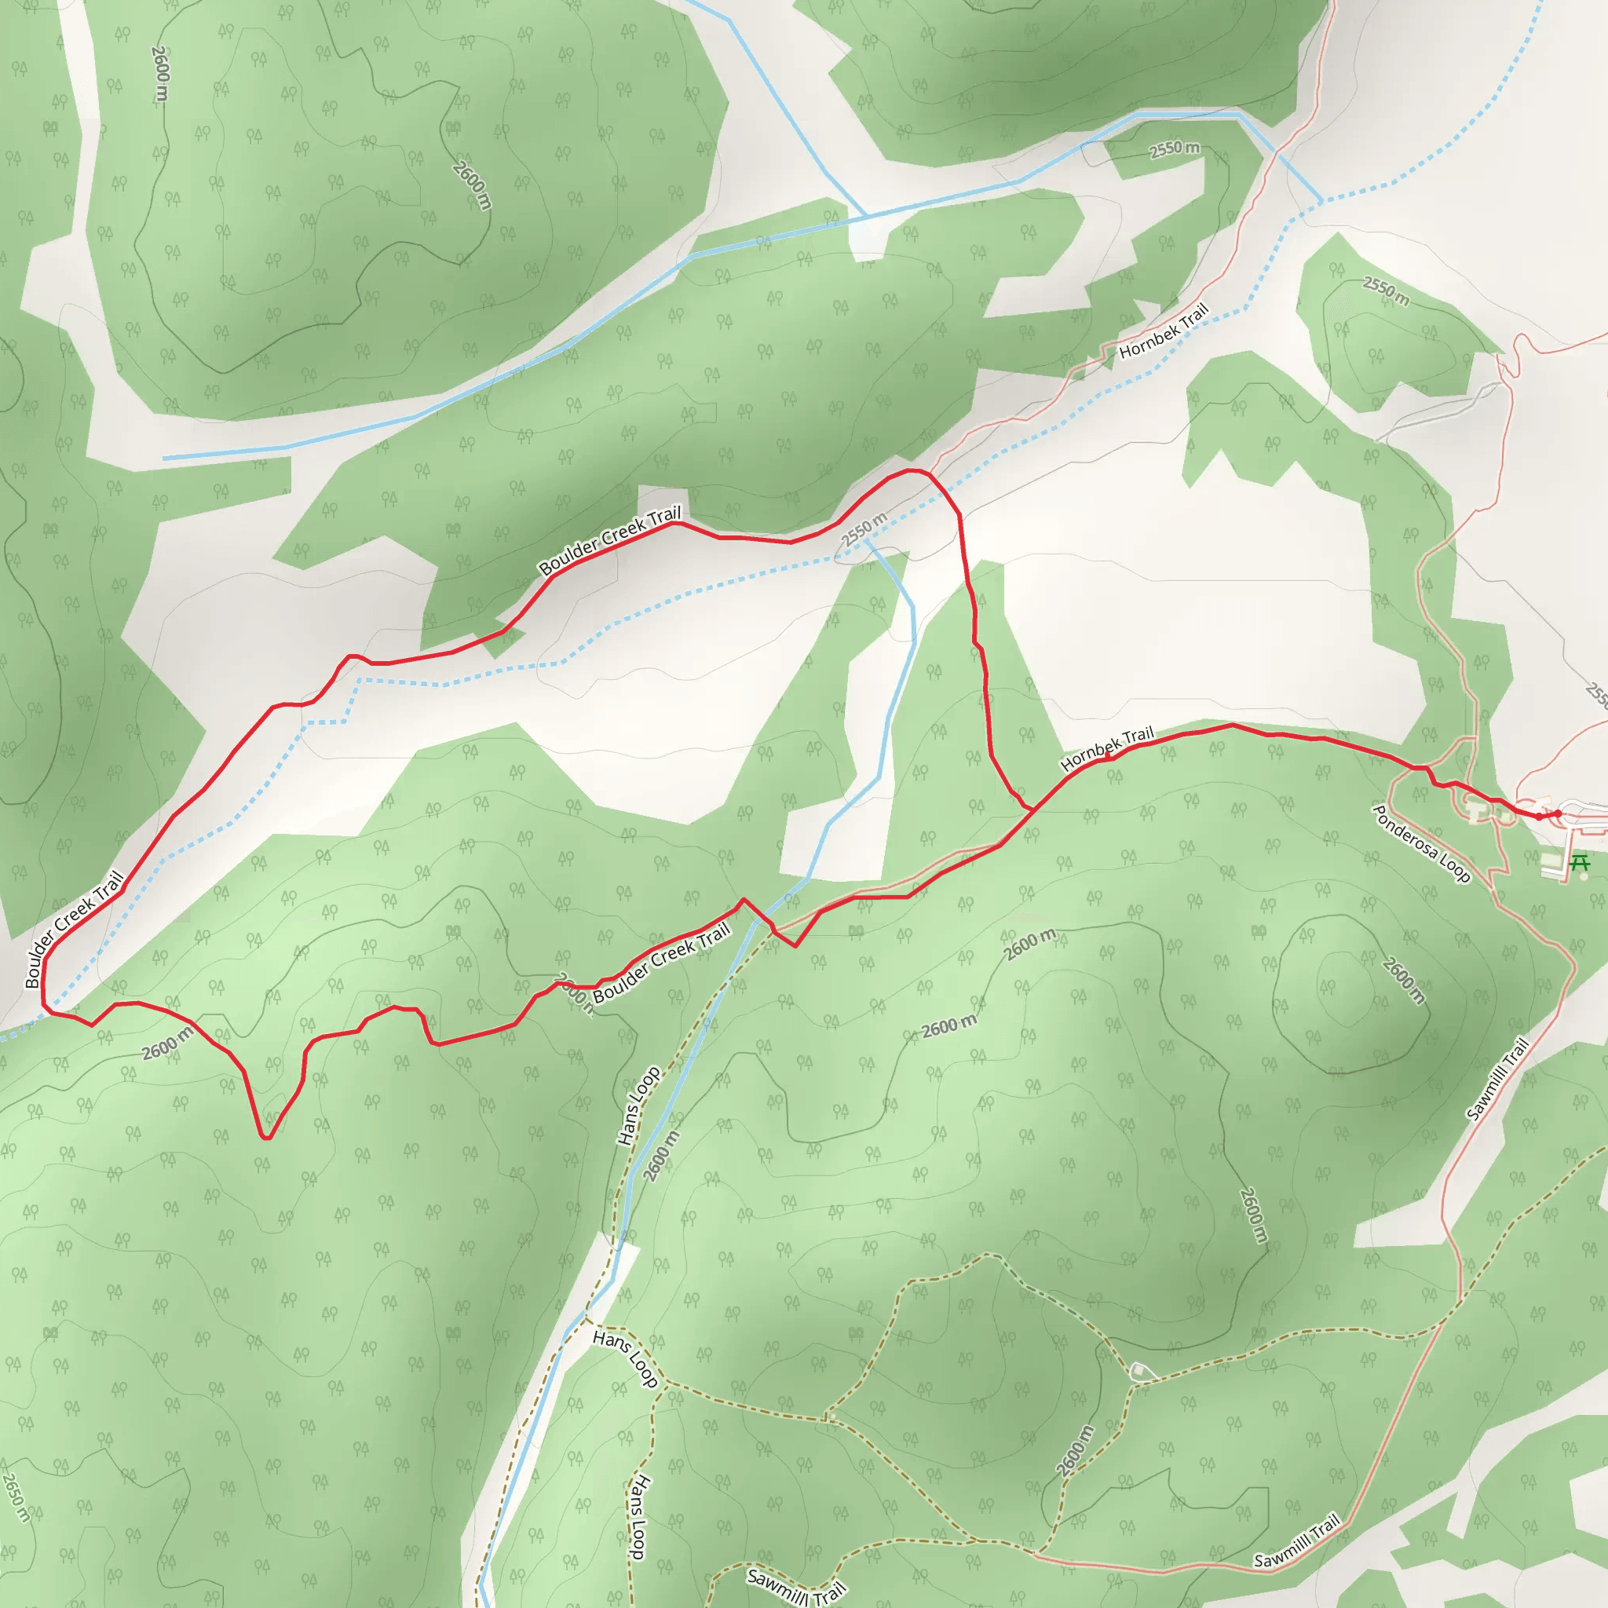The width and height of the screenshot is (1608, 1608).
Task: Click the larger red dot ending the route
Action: point(1558,813)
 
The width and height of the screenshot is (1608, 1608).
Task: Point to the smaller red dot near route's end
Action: point(1538,817)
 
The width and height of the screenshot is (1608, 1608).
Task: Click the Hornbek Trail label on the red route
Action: point(1107,747)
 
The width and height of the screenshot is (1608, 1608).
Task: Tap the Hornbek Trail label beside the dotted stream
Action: point(1163,331)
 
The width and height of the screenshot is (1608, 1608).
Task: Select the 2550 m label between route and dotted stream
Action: point(863,530)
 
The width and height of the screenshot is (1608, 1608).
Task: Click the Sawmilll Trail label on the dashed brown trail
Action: point(795,1586)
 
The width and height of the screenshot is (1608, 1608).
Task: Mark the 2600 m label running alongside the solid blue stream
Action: point(662,1154)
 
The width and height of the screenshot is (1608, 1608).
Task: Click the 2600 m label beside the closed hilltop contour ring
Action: point(1403,980)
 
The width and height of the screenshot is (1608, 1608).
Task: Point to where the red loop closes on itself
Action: point(1032,809)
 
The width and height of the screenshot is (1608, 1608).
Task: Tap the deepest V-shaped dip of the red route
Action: point(266,1136)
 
